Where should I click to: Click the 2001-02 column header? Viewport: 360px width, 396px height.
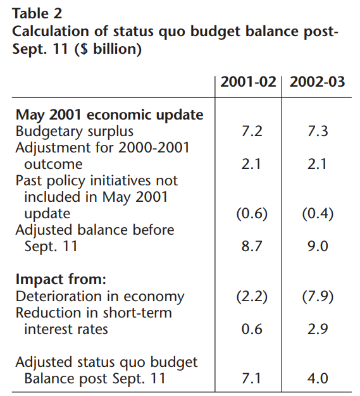(x=248, y=82)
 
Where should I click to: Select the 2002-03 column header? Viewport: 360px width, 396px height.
(x=317, y=82)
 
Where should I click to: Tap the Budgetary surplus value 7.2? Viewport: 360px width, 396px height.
(x=252, y=131)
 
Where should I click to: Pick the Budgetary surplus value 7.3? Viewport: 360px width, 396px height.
(x=318, y=131)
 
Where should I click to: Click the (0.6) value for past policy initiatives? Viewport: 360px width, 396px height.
(x=252, y=214)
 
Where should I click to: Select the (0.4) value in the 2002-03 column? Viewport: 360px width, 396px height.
(x=318, y=214)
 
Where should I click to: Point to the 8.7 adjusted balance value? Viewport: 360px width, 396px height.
(x=252, y=246)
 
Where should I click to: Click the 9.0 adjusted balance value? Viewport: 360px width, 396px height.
(x=318, y=246)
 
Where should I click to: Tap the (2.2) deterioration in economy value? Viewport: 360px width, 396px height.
(x=252, y=297)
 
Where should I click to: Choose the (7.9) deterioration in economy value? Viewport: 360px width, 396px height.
(x=318, y=297)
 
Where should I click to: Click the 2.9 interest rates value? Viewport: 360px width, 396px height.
(x=318, y=329)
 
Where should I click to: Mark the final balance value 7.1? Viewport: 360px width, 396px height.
(x=251, y=378)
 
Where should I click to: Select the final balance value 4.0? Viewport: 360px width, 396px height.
(x=318, y=378)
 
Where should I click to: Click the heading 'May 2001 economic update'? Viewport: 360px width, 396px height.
(x=109, y=115)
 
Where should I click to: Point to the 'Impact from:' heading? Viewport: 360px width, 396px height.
(x=61, y=280)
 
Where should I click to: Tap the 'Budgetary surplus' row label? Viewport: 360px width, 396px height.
(x=75, y=132)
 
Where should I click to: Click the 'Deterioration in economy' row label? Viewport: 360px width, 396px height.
(x=100, y=297)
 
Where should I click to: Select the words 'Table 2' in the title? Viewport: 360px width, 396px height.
(x=37, y=13)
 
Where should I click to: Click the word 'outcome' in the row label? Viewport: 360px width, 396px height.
(x=53, y=164)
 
